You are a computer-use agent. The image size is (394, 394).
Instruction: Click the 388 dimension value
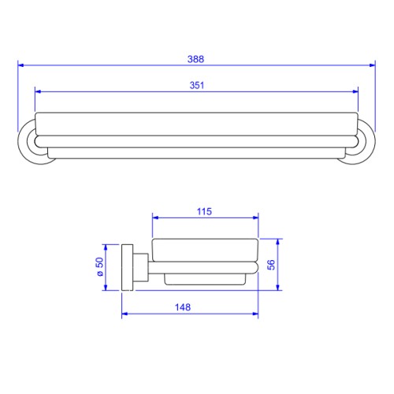click(195, 59)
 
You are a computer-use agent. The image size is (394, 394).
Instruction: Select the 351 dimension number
click(197, 85)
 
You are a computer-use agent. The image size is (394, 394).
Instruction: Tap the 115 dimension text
click(204, 211)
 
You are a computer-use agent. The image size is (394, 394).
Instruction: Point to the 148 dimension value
click(183, 307)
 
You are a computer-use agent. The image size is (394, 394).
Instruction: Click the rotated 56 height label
click(271, 265)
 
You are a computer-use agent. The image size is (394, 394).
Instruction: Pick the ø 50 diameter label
click(100, 266)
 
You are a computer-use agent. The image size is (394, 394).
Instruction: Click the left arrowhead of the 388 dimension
click(21, 65)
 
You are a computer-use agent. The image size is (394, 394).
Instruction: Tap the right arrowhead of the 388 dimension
click(372, 65)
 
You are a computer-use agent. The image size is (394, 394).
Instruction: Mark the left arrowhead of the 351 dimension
click(38, 91)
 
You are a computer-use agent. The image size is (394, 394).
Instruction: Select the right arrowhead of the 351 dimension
click(355, 91)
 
